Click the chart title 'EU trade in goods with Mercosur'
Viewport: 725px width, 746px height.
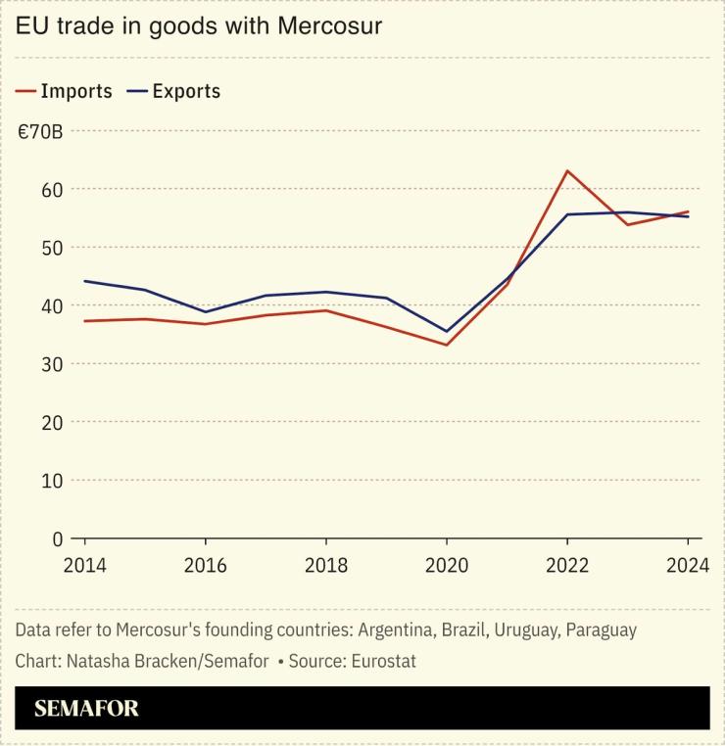point(198,26)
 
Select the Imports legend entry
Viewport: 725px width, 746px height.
point(65,91)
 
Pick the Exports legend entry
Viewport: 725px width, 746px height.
point(174,91)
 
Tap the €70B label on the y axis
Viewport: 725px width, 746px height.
point(40,130)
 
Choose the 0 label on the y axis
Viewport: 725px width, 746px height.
point(58,538)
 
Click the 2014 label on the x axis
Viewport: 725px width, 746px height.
point(84,567)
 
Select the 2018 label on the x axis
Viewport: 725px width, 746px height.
point(325,567)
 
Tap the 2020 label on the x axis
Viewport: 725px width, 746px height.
point(447,567)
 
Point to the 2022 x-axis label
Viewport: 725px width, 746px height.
point(567,567)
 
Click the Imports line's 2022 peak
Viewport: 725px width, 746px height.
point(567,170)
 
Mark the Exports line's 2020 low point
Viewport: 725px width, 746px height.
point(447,331)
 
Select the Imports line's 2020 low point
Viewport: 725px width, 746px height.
point(447,345)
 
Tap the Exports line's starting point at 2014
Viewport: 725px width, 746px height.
point(85,281)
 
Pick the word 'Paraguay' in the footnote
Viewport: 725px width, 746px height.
point(600,629)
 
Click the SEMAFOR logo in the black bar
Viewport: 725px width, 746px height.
point(86,709)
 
